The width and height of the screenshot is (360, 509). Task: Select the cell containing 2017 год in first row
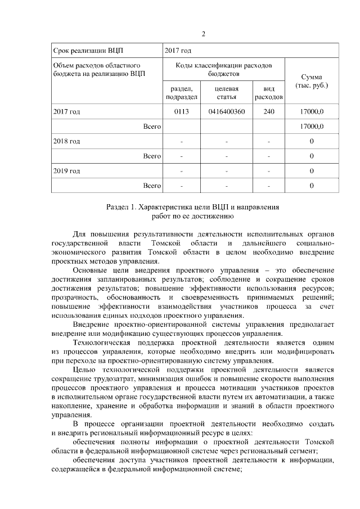point(178,51)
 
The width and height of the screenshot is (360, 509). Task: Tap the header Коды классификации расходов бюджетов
point(223,70)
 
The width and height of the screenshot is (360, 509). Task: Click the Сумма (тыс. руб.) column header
point(312,81)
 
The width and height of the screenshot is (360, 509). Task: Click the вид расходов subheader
point(269,93)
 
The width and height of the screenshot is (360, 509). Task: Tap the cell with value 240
point(269,112)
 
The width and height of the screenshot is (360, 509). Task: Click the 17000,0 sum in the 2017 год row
point(312,112)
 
